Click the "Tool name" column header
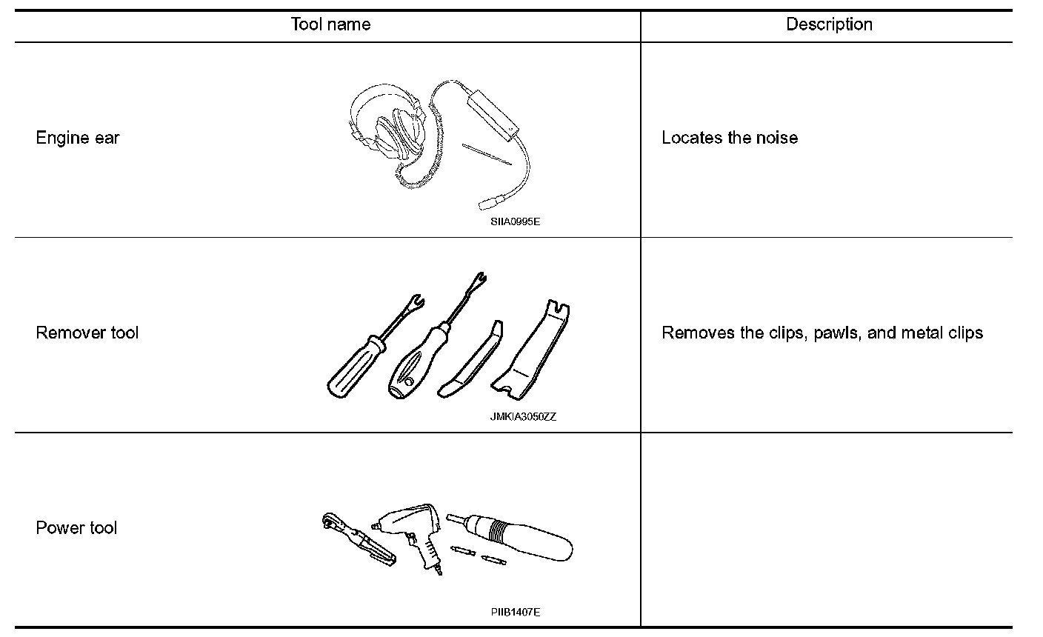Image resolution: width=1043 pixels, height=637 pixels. point(330,24)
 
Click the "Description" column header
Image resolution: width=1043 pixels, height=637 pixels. point(829,24)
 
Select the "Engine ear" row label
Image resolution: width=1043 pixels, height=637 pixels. point(77,138)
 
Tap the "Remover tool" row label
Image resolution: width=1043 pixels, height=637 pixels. point(87,333)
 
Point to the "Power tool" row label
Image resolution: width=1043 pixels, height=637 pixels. point(76,528)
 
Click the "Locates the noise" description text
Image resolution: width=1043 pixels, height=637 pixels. point(729,138)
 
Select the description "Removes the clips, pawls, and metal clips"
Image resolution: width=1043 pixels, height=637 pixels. point(822,333)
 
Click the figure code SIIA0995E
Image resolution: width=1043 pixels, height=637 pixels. point(514,221)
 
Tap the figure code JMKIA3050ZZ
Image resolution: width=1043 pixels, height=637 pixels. point(522,416)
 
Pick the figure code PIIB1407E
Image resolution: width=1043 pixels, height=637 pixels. point(515,612)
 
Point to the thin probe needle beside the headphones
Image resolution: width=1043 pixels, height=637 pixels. point(486,154)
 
